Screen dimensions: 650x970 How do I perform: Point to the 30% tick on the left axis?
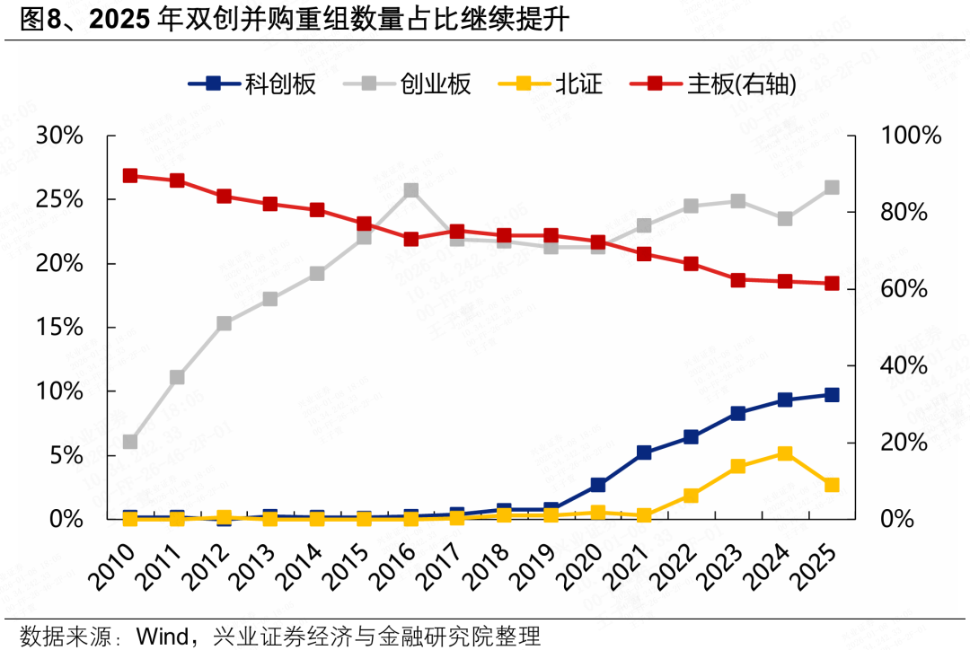pyautogui.click(x=59, y=136)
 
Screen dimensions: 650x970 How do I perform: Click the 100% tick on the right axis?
pyautogui.click(x=910, y=136)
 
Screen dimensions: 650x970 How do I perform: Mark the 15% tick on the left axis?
pyautogui.click(x=59, y=328)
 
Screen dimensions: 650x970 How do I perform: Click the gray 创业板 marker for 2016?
pyautogui.click(x=410, y=190)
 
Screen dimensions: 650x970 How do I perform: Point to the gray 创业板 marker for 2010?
pyautogui.click(x=130, y=442)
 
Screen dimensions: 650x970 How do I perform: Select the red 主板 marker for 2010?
pyautogui.click(x=130, y=176)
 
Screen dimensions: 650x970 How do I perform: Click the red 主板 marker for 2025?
pyautogui.click(x=832, y=284)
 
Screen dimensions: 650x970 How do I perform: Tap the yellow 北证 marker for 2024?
pyautogui.click(x=785, y=453)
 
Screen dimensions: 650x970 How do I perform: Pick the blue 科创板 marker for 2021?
pyautogui.click(x=644, y=453)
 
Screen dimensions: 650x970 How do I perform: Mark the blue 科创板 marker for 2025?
pyautogui.click(x=832, y=395)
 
